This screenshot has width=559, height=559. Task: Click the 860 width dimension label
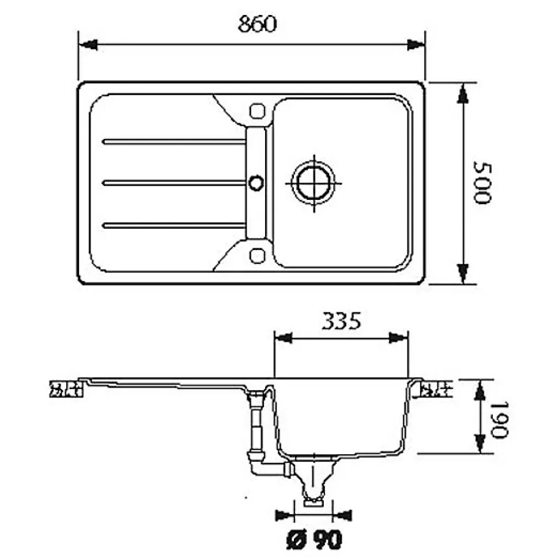coord(257,24)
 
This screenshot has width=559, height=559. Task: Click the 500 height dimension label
coord(482,183)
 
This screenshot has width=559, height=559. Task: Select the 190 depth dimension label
coord(498,420)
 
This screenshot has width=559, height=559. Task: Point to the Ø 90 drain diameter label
coord(314,539)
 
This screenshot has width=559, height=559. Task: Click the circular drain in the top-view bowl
coord(314,183)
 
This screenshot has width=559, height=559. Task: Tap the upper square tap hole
coord(257,111)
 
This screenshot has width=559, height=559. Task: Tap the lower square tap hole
coord(257,256)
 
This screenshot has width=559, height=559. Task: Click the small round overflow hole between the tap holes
coord(256,183)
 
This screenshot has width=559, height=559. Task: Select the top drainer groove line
coord(173,142)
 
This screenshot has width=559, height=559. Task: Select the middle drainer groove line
coord(173,183)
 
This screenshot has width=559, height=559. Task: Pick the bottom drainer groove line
coord(173,225)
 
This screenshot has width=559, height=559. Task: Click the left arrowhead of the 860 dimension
coord(88,44)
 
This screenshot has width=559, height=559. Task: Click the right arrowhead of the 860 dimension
coord(416,44)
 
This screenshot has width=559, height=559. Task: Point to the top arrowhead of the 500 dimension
coord(463,93)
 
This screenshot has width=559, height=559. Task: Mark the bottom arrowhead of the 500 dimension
coord(463,274)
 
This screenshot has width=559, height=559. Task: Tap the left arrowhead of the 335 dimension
coord(284,338)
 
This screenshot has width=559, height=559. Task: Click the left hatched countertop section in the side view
coord(66,389)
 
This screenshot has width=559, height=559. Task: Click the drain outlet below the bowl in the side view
coord(314,481)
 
